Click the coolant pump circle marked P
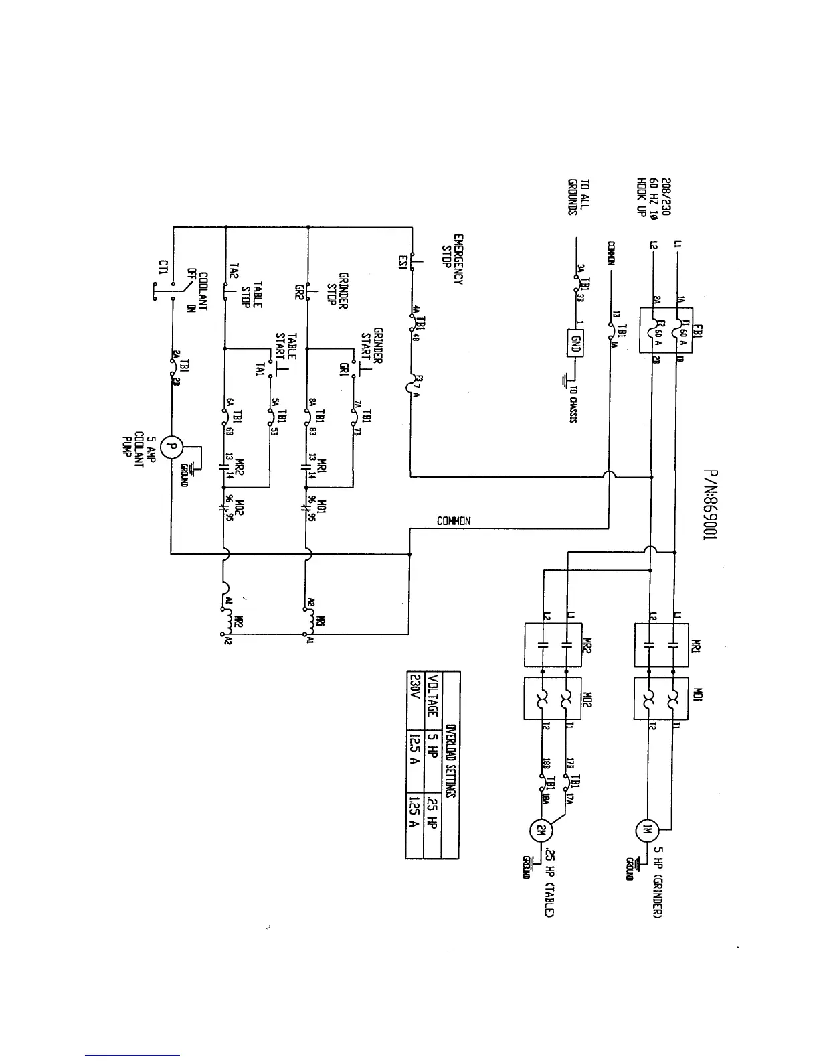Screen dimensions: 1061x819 tap(171, 446)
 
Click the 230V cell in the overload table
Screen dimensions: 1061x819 tap(415, 690)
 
